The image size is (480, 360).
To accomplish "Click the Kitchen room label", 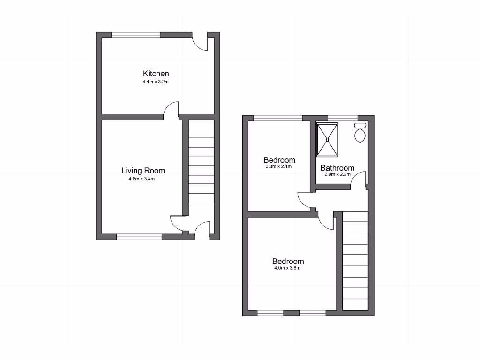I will (156, 74).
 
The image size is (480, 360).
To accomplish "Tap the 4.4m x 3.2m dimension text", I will (156, 82).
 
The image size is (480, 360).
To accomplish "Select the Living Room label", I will (143, 171).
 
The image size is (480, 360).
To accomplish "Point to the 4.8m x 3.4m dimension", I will (143, 179).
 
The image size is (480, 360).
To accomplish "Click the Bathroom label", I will (337, 168).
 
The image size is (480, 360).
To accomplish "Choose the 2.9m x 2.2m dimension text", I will (337, 174).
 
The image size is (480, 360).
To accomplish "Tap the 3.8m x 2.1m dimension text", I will (279, 166).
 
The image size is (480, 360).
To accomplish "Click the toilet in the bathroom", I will (360, 133).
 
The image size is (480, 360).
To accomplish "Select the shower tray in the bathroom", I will (327, 139).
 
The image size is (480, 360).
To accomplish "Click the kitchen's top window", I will (136, 35).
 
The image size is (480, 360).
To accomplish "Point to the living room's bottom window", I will (139, 237).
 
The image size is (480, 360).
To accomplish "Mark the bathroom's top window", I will (343, 118).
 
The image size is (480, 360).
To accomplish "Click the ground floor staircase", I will (201, 161).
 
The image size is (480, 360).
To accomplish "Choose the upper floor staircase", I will (355, 261).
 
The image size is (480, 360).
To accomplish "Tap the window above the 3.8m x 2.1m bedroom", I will (278, 118).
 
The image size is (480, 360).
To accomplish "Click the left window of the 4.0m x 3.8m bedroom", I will (270, 313).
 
